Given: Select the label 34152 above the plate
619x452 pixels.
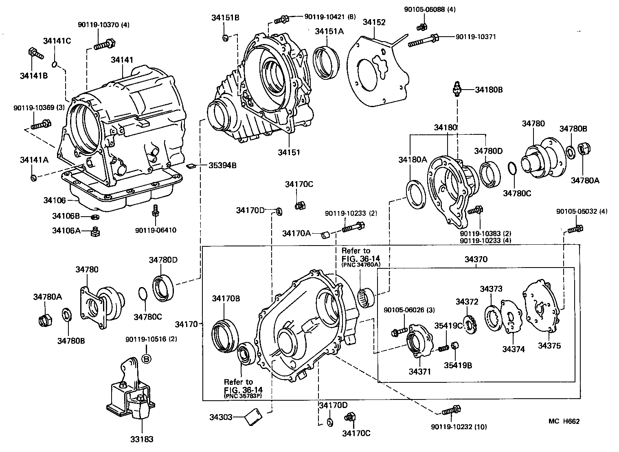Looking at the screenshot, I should tap(374, 22).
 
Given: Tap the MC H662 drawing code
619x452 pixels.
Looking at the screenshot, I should tap(564, 421).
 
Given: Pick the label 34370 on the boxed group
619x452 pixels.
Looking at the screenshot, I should tap(476, 259).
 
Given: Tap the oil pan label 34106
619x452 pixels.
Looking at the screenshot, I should tap(55, 200).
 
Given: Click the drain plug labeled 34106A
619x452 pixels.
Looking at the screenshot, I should tap(96, 231).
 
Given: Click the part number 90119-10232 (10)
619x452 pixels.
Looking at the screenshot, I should tap(459, 427).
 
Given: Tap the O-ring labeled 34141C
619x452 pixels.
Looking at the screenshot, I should tap(55, 64).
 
